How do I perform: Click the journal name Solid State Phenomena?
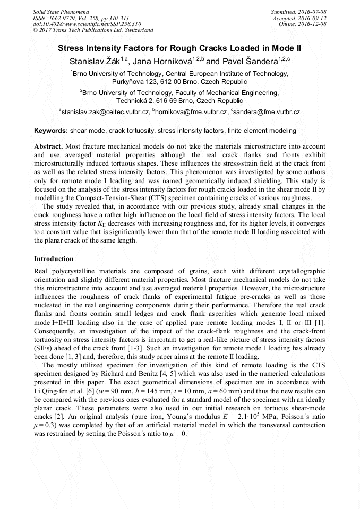(x=61, y=11)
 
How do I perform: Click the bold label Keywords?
(x=50, y=130)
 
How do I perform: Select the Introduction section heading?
(x=54, y=259)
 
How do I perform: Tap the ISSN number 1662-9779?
(x=67, y=18)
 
